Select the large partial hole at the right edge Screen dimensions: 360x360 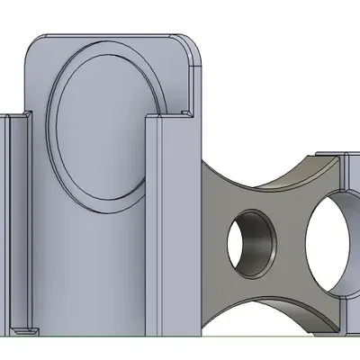point(329,243)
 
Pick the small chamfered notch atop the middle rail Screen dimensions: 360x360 point(185,112)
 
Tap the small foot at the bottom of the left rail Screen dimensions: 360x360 point(25,330)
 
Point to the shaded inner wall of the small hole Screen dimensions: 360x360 point(264,243)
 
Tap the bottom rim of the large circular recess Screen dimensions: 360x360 point(103,204)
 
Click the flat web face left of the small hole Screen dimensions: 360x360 point(216,243)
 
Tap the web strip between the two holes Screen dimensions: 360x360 point(291,243)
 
